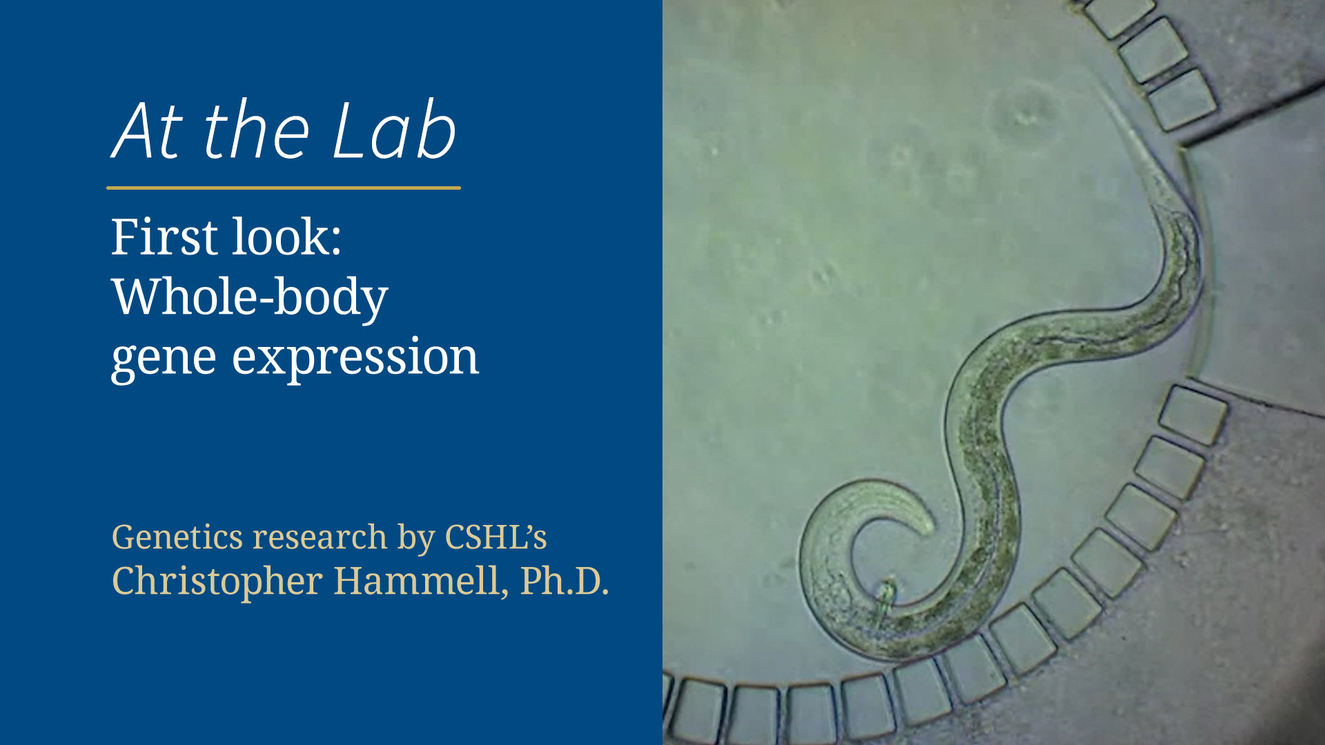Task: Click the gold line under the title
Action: tap(283, 188)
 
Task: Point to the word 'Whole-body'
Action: tap(249, 298)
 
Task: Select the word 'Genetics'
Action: tap(177, 537)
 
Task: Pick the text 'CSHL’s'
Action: tap(495, 537)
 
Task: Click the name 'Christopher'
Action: tap(217, 581)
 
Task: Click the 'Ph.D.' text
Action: tap(565, 581)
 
